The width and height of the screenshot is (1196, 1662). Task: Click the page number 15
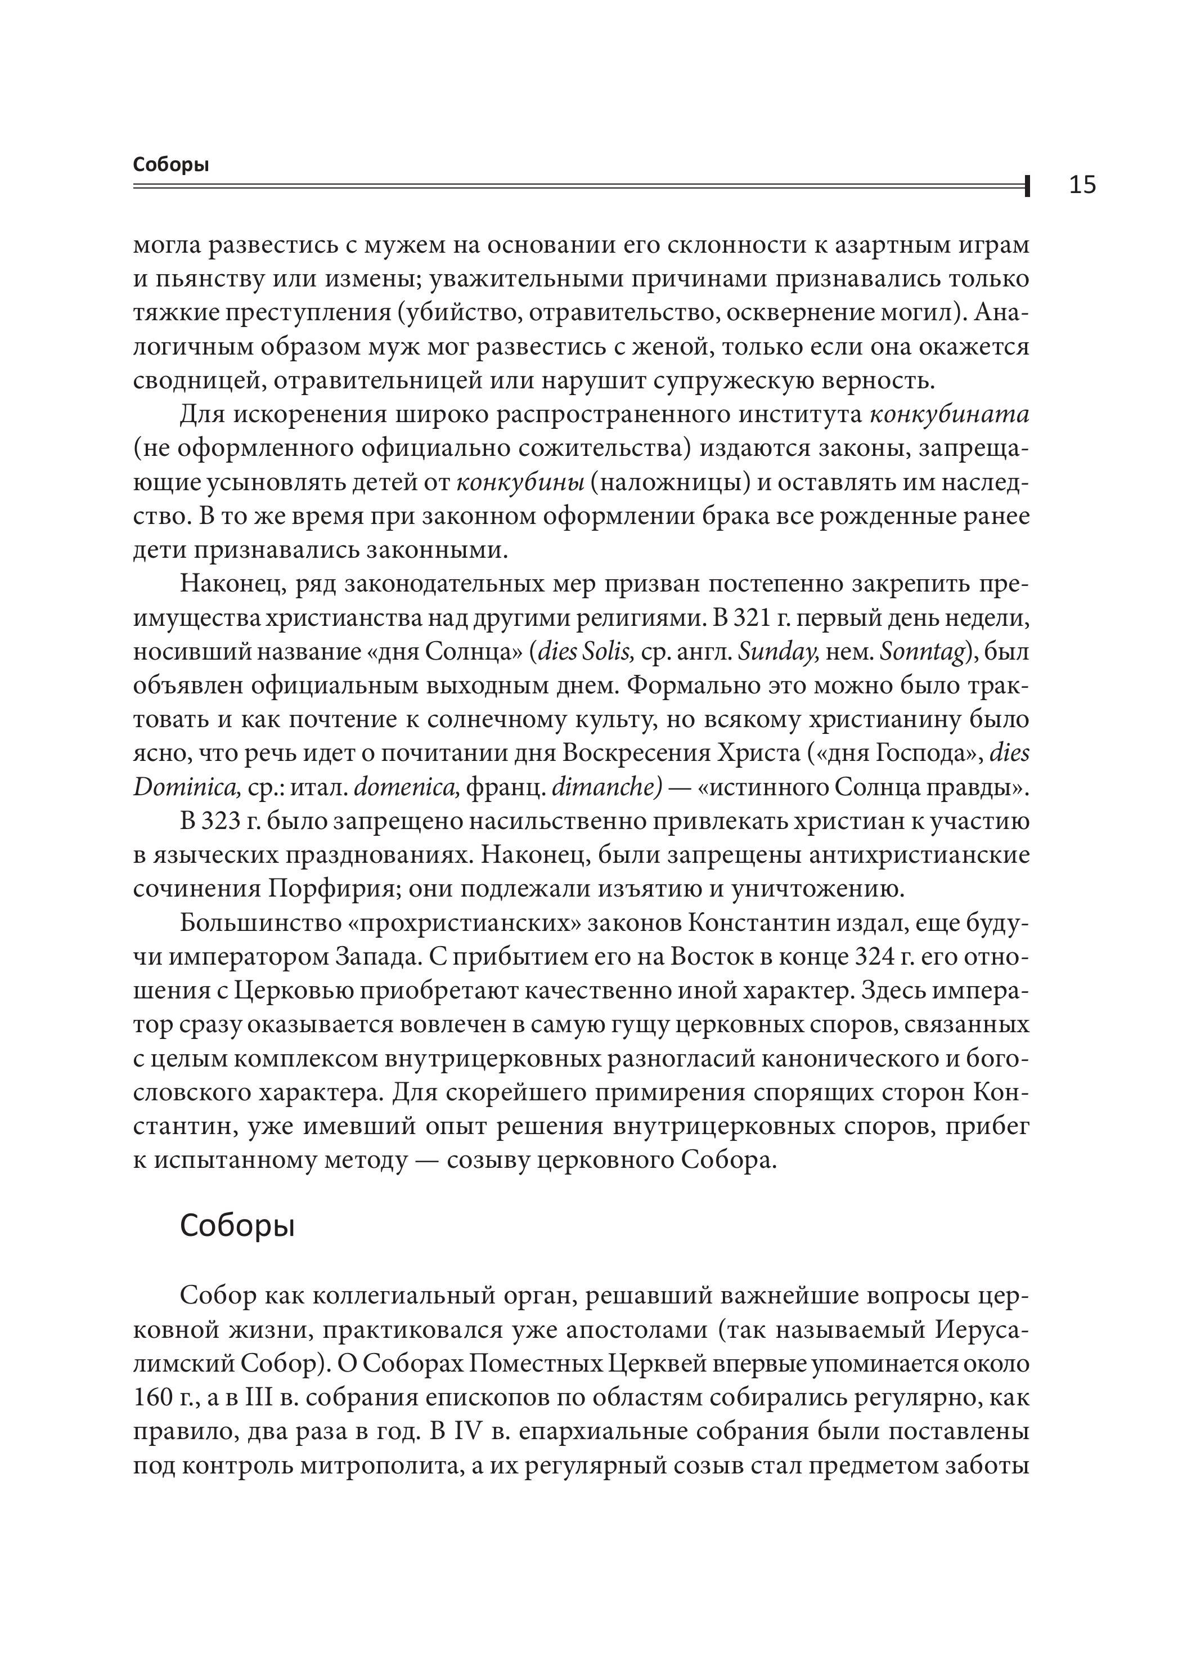tap(1082, 185)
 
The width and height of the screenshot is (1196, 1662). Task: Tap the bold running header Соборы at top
tap(170, 165)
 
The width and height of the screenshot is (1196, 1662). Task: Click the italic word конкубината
tap(949, 415)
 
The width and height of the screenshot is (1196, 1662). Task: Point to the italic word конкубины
tap(519, 483)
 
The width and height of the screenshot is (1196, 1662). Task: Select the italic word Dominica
tap(187, 788)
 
